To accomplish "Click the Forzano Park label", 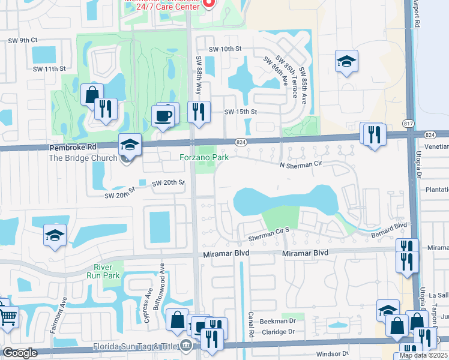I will [205, 158].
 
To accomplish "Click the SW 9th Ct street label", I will [23, 40].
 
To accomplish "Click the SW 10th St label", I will [224, 49].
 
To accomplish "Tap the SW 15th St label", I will [240, 112].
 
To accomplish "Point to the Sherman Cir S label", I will [270, 230].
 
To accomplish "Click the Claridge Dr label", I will [278, 331].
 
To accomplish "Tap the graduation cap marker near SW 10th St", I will [346, 62].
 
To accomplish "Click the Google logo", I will [19, 353].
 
